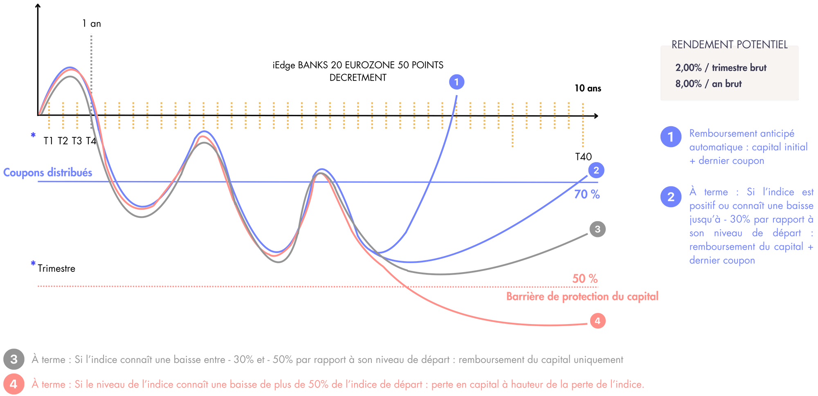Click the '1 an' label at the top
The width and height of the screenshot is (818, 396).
coord(91,24)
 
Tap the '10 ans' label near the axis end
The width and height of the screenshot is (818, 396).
coord(588,88)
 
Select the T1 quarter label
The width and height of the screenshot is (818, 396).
coord(48,141)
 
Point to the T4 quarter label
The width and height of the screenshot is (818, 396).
coord(91,141)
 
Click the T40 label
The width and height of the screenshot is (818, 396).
coord(583,157)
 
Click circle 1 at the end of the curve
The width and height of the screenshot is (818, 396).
coord(456,82)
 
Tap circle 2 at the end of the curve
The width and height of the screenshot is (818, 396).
coord(596,170)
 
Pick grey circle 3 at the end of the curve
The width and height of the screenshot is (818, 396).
coord(598,229)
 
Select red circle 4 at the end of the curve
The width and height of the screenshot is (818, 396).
coord(598,321)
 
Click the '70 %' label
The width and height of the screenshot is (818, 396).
coord(587,195)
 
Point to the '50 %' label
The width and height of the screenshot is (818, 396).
coord(585,279)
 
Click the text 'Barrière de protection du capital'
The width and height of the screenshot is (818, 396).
coord(582,297)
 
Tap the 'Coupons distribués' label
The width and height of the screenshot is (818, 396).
coord(47,172)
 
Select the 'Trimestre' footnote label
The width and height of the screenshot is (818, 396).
coord(56,268)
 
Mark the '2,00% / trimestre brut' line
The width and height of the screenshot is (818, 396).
coord(721,68)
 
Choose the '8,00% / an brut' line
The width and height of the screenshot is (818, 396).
coord(708,84)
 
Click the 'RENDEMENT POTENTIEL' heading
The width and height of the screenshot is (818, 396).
coord(729,45)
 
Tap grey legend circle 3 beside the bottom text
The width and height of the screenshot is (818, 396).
coord(14,360)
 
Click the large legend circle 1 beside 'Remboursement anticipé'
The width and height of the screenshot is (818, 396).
coord(671,137)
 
